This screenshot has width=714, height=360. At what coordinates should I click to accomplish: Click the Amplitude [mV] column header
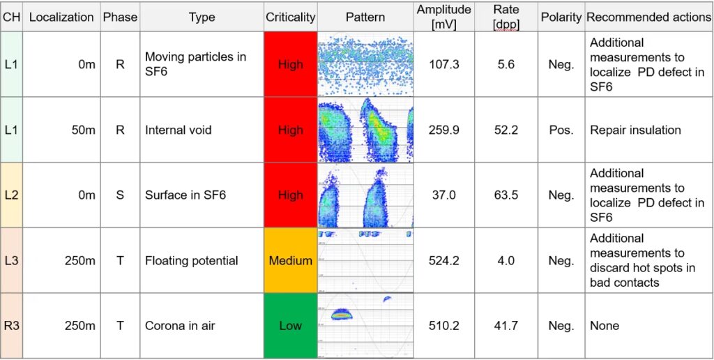click(x=443, y=17)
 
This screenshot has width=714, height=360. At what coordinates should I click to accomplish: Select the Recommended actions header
click(x=648, y=17)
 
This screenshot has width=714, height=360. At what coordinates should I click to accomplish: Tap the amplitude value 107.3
click(x=443, y=64)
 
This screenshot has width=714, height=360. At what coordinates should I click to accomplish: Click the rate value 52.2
click(x=506, y=130)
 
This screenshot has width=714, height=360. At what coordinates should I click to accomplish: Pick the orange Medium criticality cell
click(x=291, y=260)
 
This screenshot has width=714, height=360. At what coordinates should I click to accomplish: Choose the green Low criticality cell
click(x=291, y=325)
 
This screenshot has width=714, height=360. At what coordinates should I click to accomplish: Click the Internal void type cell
click(x=178, y=130)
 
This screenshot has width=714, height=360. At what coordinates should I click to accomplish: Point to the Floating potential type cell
click(x=192, y=260)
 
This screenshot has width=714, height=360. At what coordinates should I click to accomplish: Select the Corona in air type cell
click(x=180, y=325)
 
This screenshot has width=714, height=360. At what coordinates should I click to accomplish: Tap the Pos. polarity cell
click(x=561, y=130)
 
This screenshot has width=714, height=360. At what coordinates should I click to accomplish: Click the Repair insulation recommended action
click(x=635, y=130)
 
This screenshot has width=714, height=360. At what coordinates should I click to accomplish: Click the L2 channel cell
click(x=12, y=195)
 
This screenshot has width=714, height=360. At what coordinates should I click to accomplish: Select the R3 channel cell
click(x=12, y=325)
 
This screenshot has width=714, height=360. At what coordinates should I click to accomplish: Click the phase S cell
click(x=120, y=195)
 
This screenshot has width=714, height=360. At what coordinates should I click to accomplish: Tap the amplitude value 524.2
click(x=443, y=260)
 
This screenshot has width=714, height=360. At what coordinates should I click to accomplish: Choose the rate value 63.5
click(x=506, y=195)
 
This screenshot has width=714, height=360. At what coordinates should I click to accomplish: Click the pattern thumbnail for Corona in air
click(x=365, y=325)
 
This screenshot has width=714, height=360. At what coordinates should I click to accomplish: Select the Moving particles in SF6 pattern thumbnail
click(x=365, y=64)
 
